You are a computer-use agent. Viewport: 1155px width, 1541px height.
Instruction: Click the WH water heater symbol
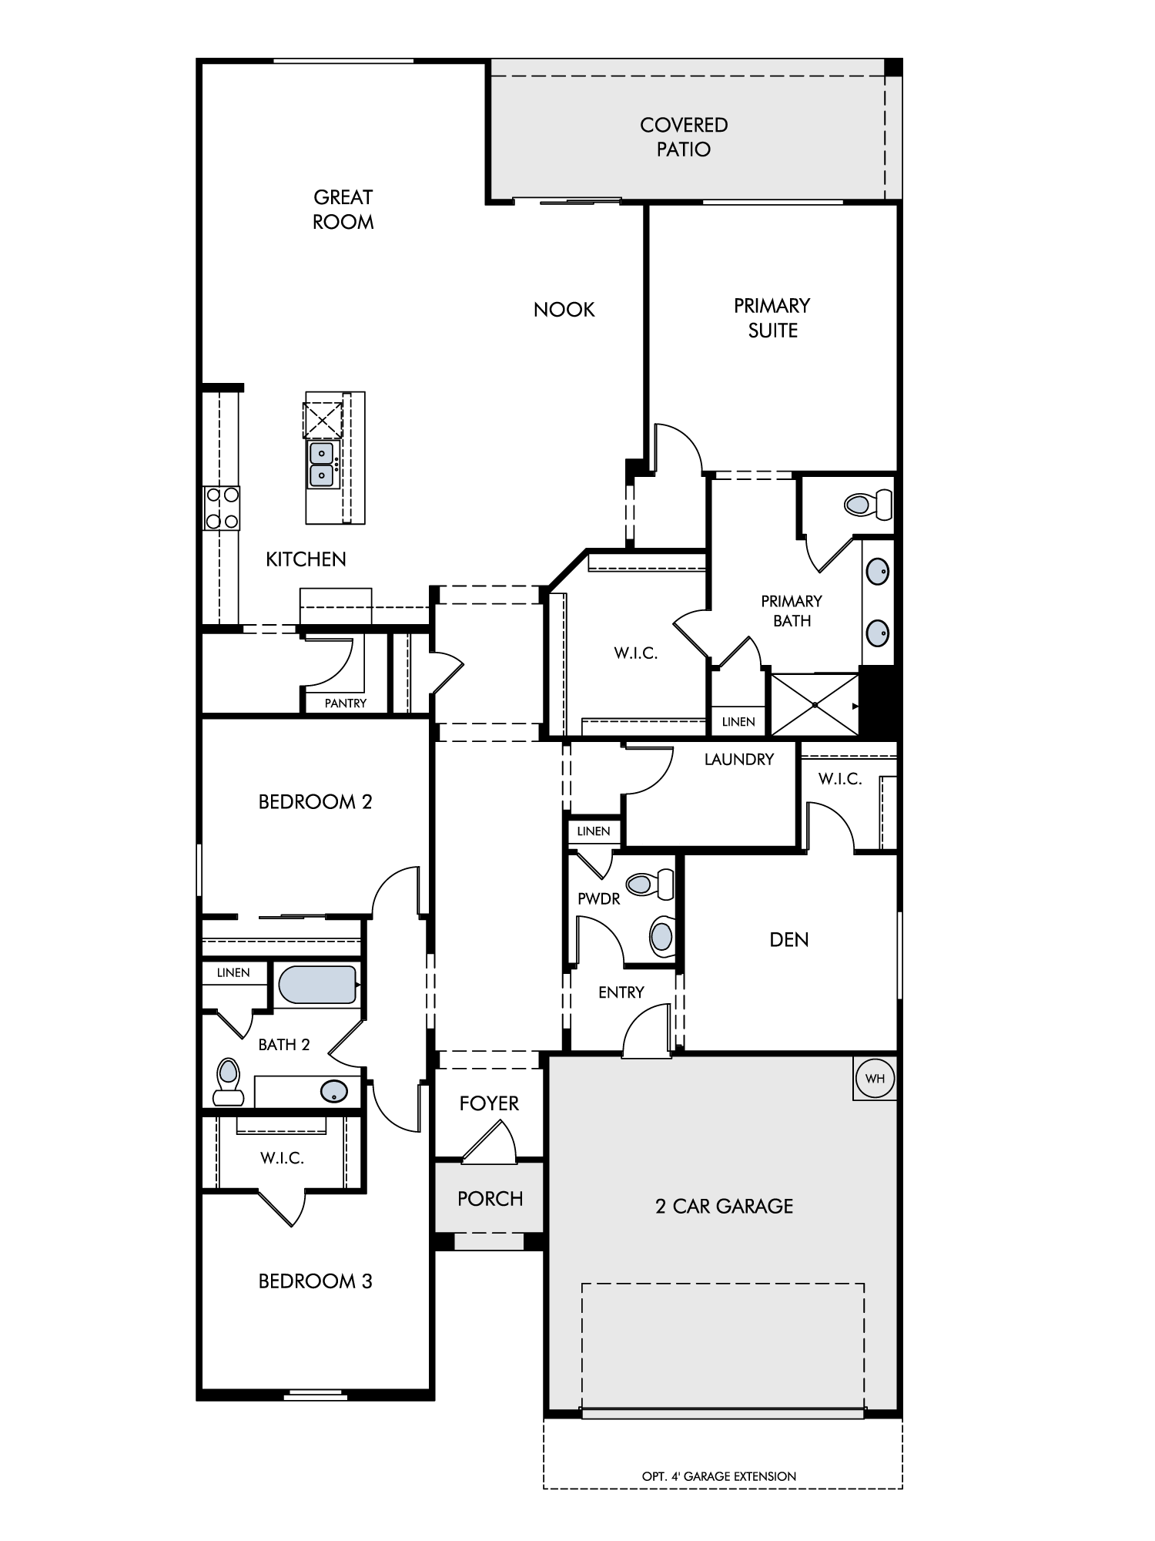(x=875, y=1078)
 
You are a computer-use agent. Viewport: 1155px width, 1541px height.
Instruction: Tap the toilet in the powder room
(x=650, y=885)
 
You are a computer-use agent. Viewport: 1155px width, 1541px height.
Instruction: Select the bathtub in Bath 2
(x=318, y=985)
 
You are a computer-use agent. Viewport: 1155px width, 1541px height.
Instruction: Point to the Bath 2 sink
(x=333, y=1091)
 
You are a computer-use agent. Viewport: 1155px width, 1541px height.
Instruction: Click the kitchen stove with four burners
(x=222, y=508)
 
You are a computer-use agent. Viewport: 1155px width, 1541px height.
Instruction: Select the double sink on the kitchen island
(x=322, y=465)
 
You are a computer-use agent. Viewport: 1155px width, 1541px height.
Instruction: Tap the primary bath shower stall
(x=815, y=705)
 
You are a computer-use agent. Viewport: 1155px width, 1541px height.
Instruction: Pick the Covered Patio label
(x=684, y=137)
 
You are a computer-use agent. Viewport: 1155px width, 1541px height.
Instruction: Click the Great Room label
(x=343, y=210)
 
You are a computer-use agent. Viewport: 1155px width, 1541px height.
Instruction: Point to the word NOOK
(x=564, y=310)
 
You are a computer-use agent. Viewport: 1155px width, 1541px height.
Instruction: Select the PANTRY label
(x=346, y=703)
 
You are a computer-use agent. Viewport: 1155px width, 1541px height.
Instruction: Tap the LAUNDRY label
(x=739, y=760)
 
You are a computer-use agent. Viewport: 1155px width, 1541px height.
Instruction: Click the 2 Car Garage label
(x=725, y=1207)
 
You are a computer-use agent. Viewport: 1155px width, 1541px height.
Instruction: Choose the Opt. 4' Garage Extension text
(x=719, y=1476)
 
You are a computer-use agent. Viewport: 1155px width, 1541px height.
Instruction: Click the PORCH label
(x=490, y=1199)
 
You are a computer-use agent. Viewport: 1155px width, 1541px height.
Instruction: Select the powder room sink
(x=661, y=937)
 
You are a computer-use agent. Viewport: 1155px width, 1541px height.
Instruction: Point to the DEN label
(x=789, y=939)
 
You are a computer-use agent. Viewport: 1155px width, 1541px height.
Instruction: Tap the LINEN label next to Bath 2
(x=233, y=973)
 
